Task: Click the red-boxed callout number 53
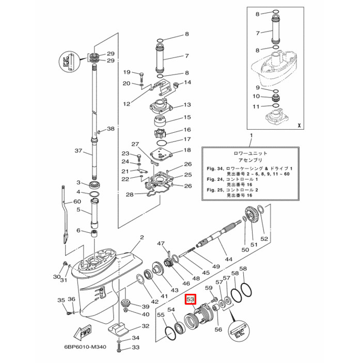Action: pyautogui.click(x=190, y=299)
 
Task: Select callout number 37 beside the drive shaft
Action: pyautogui.click(x=79, y=151)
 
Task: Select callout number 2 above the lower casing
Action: pyautogui.click(x=141, y=238)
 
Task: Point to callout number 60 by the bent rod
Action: pyautogui.click(x=77, y=201)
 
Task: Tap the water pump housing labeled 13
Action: pyautogui.click(x=161, y=108)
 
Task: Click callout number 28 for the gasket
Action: pyautogui.click(x=129, y=194)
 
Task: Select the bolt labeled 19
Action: pyautogui.click(x=140, y=76)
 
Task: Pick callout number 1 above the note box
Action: pyautogui.click(x=252, y=137)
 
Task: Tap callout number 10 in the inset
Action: pyautogui.click(x=257, y=97)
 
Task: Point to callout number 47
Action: pyautogui.click(x=161, y=244)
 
